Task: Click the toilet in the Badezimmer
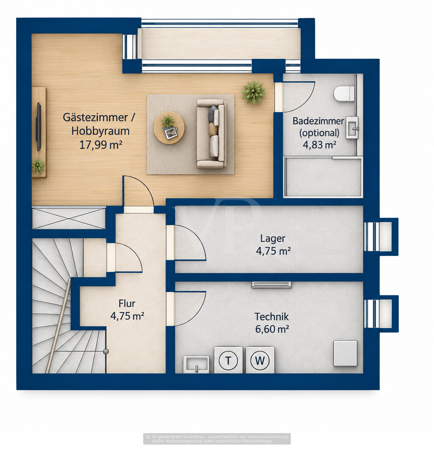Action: pos(344,93)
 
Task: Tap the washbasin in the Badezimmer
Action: pos(353,127)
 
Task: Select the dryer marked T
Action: pos(228,360)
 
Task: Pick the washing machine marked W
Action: pos(260,360)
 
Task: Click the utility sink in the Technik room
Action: pos(196,364)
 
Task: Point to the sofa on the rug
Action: pos(211,134)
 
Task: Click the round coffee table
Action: pos(169,128)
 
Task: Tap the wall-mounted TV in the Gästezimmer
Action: pos(39,126)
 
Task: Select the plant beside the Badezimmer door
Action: pos(253,92)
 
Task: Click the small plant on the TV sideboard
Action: pos(38,166)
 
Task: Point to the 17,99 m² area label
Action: pos(101,145)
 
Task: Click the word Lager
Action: pos(273,239)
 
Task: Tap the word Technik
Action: pos(272,317)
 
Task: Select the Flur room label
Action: pos(127,303)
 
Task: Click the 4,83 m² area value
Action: pos(319,144)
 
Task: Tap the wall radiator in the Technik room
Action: pos(271,285)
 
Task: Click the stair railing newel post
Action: pos(106,351)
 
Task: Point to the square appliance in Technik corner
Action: pos(345,353)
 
